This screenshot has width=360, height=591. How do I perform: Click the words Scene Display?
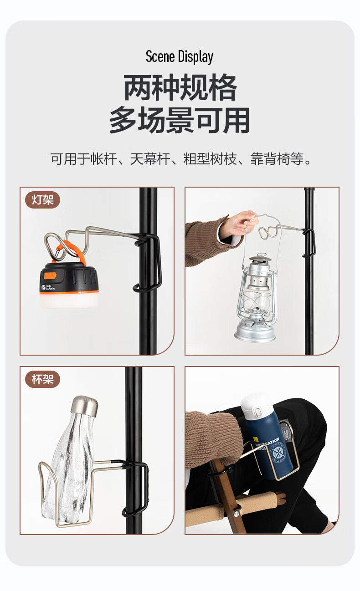point(180,56)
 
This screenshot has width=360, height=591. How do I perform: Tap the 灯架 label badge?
point(42,200)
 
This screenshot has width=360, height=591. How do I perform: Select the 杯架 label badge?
point(42,379)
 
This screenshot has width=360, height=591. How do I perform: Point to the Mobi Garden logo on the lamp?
point(48,287)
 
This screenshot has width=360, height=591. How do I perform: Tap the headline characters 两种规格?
point(180,87)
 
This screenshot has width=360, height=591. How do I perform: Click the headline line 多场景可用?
point(180,120)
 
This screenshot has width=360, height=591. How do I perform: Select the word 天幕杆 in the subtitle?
point(150,159)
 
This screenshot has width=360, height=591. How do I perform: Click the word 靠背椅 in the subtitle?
point(270,159)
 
